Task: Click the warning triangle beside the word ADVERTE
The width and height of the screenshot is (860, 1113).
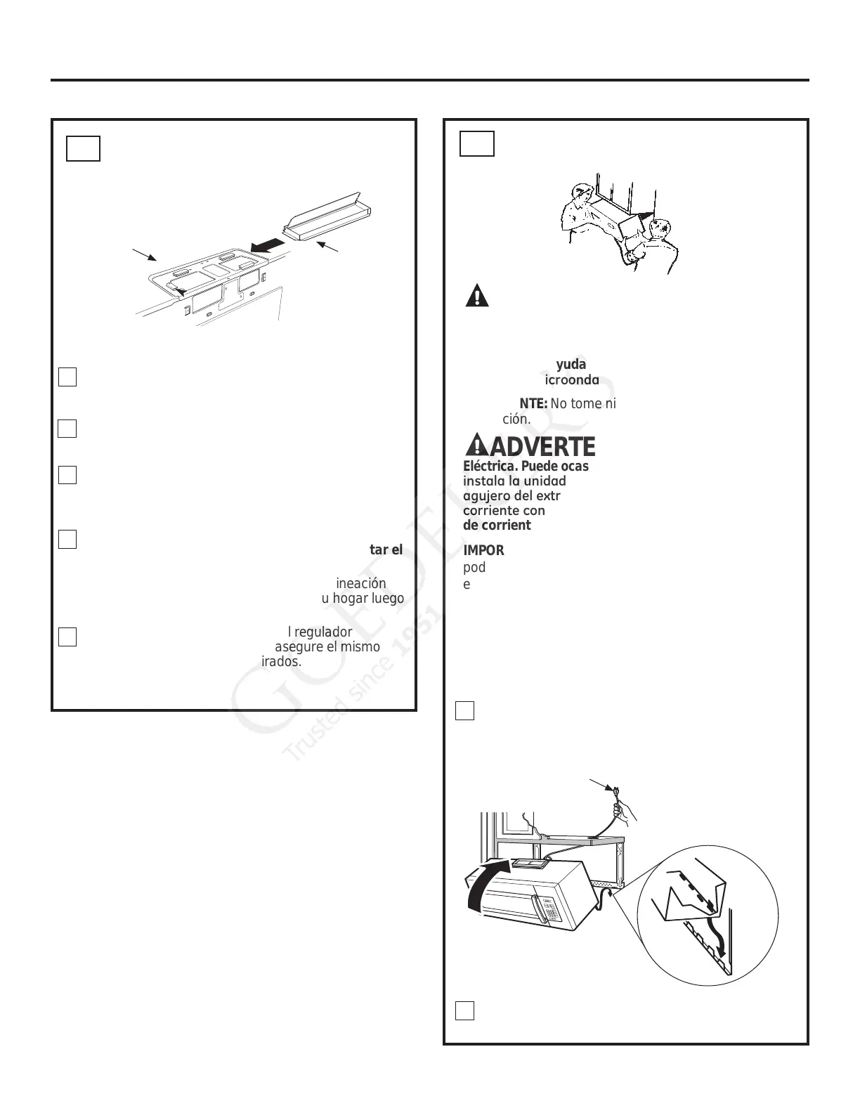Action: (x=476, y=445)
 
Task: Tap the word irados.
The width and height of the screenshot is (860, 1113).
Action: (x=281, y=661)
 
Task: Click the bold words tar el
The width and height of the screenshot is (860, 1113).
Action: (x=386, y=549)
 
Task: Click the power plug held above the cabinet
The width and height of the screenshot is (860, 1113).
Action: (x=615, y=792)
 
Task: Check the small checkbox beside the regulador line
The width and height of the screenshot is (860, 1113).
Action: (x=67, y=637)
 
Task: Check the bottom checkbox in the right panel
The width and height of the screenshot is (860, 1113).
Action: (x=464, y=1010)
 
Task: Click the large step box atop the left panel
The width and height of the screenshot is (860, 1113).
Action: (x=83, y=148)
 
